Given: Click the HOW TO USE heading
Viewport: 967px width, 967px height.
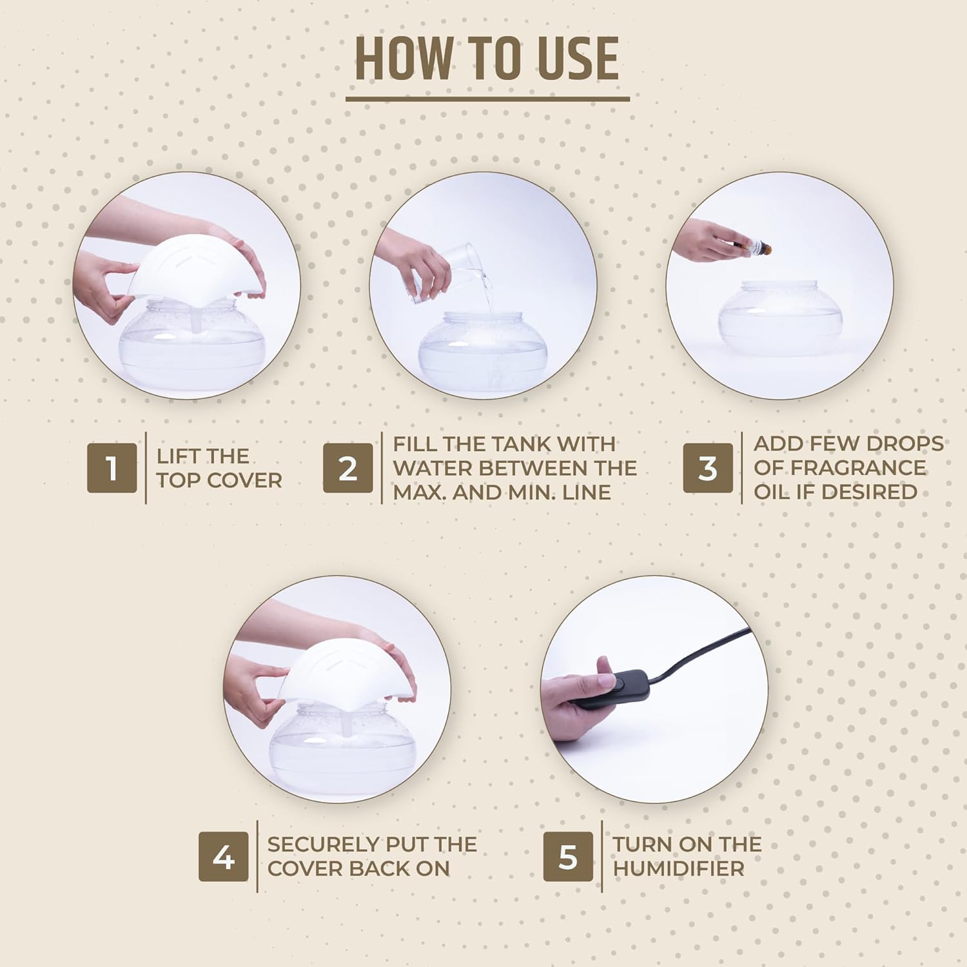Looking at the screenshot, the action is click(487, 59).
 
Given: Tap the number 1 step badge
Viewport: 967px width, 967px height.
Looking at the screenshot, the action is click(112, 468).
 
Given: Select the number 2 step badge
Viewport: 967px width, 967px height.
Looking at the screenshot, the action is click(348, 468).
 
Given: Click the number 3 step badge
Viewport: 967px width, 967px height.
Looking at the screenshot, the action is click(708, 468).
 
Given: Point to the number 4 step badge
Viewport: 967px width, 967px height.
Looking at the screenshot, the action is click(223, 857).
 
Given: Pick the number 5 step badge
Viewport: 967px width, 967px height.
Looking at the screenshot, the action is click(567, 857).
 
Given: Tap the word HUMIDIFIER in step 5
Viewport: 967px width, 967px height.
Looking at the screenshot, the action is click(678, 868).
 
